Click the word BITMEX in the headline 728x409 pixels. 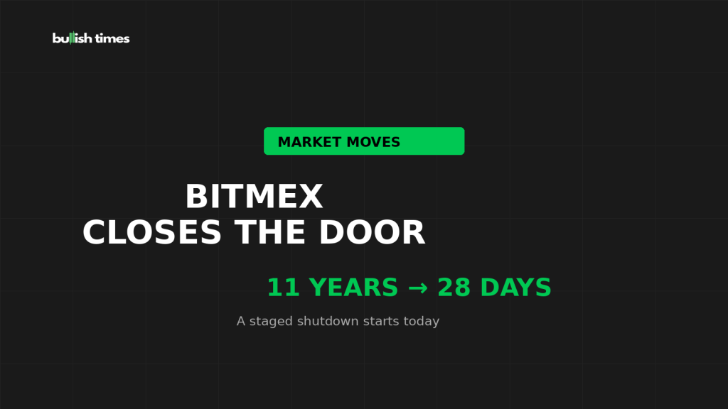tap(254, 197)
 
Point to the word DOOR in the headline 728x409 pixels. tap(372, 232)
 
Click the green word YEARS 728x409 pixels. tap(353, 288)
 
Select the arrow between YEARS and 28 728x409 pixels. tap(418, 288)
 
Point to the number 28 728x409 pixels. tap(454, 288)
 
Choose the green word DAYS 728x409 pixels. tap(516, 288)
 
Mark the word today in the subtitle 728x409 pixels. tap(421, 322)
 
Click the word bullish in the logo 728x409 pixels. tap(72, 38)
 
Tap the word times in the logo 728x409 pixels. tap(112, 38)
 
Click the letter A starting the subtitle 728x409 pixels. tap(241, 321)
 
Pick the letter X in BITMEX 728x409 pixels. tap(311, 197)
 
